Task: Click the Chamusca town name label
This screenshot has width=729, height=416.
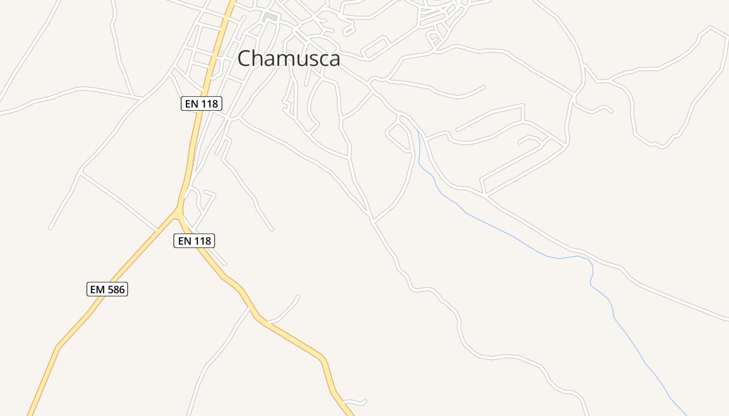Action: point(289,59)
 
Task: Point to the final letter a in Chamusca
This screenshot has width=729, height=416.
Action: point(334,60)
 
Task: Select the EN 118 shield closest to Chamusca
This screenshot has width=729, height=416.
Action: point(202,103)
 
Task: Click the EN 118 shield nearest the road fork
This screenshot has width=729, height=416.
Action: point(194,241)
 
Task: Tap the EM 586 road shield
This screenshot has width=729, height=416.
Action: point(107,289)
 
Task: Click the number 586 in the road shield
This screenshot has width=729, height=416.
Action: point(116,289)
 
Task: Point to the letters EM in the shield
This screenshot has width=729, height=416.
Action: point(97,289)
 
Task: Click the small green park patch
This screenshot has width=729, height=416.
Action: point(270,17)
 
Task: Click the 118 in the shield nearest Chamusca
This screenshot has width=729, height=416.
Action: point(209,103)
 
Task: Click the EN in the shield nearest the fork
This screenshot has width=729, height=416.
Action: point(185,241)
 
